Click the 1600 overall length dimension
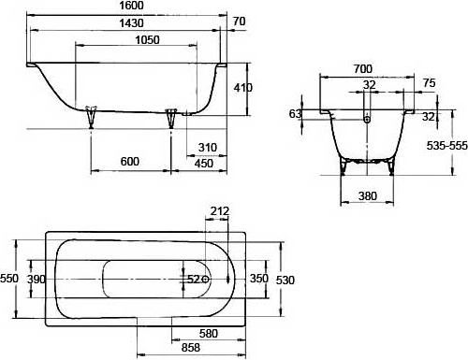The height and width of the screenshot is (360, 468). click(132, 6)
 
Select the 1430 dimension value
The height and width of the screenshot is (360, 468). click(132, 23)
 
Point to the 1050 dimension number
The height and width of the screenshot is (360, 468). click(147, 40)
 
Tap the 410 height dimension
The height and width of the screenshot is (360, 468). click(243, 88)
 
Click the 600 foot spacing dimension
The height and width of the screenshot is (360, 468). click(130, 162)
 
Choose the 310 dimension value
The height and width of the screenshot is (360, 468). click(208, 147)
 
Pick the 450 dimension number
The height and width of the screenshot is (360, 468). click(204, 163)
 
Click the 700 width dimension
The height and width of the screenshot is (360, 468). click(363, 68)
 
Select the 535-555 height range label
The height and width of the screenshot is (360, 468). click(447, 146)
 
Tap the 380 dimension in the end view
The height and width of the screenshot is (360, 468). click(368, 196)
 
